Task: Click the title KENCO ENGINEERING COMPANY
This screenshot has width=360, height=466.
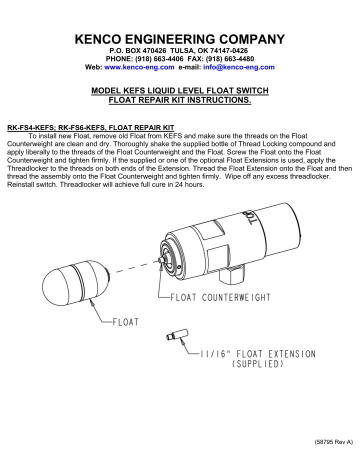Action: click(180, 37)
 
